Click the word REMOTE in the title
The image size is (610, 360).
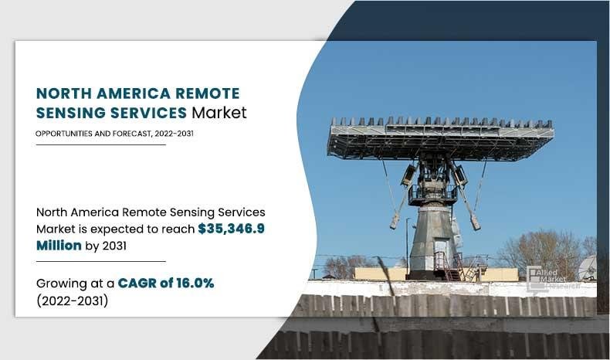208,93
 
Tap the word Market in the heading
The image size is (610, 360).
219,113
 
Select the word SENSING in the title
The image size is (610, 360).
70,113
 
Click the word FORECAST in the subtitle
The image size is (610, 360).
132,134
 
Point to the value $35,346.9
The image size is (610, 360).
231,229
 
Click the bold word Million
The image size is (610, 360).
59,246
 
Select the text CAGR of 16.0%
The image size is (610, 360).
166,283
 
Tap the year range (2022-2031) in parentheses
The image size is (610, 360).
73,301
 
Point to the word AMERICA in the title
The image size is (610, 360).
134,93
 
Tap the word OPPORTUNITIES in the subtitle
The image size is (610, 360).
64,134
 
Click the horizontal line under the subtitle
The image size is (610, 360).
100,144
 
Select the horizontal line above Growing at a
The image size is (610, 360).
100,262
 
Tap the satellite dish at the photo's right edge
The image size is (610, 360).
588,268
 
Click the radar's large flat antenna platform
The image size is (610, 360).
441,138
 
